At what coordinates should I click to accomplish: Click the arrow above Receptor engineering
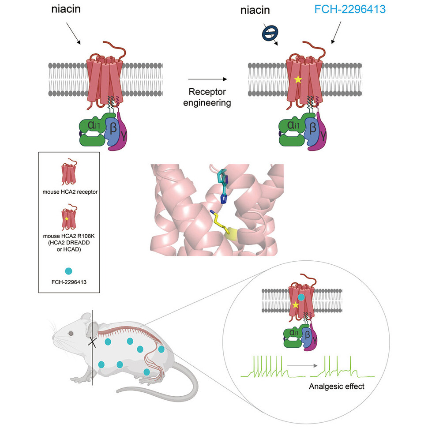207,79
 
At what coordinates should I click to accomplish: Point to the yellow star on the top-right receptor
299,80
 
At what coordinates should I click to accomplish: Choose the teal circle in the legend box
69,270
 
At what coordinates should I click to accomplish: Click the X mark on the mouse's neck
93,341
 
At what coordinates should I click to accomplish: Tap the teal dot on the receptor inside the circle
301,297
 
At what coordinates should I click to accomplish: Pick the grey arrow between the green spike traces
302,366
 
